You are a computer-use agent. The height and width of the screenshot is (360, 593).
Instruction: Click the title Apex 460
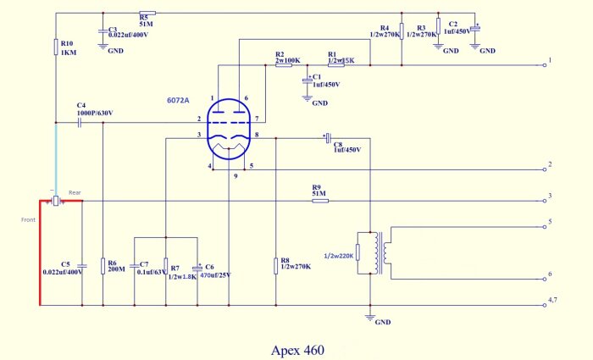point(296,348)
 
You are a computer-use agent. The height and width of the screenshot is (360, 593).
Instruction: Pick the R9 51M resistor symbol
point(317,202)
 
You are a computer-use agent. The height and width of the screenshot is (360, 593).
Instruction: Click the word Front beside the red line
point(29,219)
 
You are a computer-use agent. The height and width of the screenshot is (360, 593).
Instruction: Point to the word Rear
point(75,191)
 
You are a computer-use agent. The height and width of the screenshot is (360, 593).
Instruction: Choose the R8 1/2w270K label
point(296,264)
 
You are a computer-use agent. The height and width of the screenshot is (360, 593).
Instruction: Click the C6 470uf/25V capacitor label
point(215,270)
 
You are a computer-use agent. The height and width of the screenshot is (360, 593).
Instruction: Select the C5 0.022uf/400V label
point(64,267)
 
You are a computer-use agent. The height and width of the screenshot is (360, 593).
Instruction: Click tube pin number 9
point(236,175)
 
